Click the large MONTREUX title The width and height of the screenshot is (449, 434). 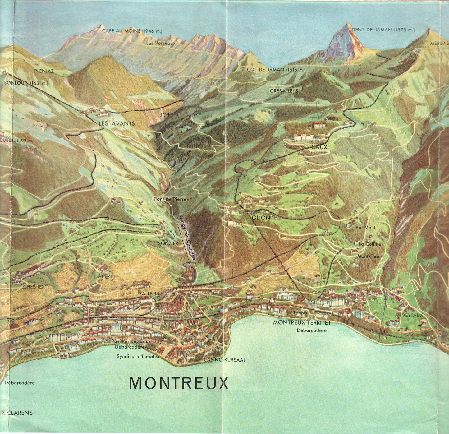179,383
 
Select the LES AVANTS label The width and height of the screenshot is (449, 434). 117,123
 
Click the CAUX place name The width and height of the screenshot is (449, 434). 319,147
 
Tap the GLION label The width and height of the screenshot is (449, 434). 261,218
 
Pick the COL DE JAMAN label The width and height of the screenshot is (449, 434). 276,70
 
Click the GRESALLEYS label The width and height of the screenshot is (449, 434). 284,91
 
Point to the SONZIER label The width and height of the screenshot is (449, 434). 168,243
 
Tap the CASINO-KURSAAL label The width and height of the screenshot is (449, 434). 225,360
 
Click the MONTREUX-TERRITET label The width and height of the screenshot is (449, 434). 302,323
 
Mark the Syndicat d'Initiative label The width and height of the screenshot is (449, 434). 139,357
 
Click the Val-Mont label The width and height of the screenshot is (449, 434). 365,227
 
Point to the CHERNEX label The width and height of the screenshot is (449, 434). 34,287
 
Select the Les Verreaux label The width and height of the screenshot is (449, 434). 161,43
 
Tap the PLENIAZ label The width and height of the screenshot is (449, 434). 44,71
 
